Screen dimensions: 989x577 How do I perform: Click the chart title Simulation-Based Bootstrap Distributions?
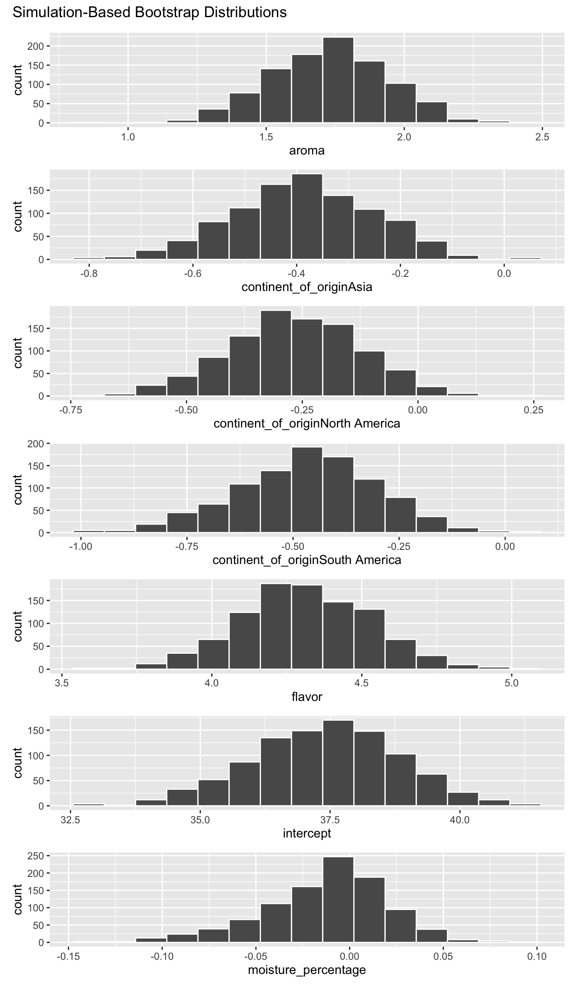pyautogui.click(x=149, y=12)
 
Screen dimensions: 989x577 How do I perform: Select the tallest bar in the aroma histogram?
pyautogui.click(x=338, y=80)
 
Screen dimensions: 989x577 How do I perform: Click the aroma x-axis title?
pyautogui.click(x=307, y=151)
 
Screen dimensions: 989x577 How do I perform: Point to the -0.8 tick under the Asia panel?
pyautogui.click(x=89, y=273)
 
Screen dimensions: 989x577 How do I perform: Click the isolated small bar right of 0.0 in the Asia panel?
pyautogui.click(x=525, y=258)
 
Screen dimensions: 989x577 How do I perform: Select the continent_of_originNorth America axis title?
pyautogui.click(x=307, y=424)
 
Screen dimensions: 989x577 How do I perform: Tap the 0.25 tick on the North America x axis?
pyautogui.click(x=534, y=410)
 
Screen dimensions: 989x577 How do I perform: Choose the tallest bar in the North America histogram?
pyautogui.click(x=276, y=353)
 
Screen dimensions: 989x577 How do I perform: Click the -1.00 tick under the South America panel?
pyautogui.click(x=81, y=546)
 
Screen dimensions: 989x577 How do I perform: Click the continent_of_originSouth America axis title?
pyautogui.click(x=307, y=560)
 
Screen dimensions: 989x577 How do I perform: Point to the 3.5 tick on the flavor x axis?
pyautogui.click(x=62, y=683)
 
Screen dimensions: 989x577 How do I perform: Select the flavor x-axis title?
pyautogui.click(x=307, y=697)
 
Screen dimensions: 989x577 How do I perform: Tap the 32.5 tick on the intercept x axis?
pyautogui.click(x=70, y=820)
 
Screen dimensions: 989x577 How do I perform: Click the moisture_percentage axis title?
pyautogui.click(x=307, y=970)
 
